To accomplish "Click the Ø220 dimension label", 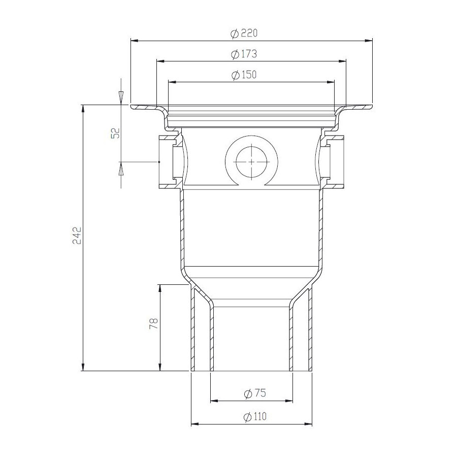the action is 244,34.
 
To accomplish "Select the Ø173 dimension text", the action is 244,54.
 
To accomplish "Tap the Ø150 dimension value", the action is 244,75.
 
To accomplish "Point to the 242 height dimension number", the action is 77,235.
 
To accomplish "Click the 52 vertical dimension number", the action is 116,133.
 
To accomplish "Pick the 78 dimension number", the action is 153,323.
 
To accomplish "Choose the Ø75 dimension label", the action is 255,393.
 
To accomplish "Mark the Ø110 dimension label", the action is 255,416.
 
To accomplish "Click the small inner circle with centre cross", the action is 251,161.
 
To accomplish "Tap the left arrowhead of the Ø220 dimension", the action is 134,41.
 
